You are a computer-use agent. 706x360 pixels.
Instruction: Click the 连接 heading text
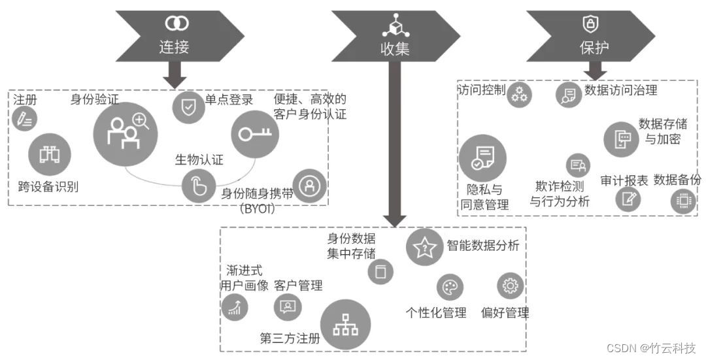pos(175,47)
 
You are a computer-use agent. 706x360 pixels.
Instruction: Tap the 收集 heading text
pos(395,48)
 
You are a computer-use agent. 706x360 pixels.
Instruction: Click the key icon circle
pos(252,135)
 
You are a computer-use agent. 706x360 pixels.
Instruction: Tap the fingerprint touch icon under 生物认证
pos(198,186)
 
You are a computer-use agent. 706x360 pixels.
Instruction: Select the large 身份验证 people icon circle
pos(126,133)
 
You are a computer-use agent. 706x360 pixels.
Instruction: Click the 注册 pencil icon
pos(25,120)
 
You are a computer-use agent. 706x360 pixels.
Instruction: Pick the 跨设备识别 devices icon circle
pos(50,154)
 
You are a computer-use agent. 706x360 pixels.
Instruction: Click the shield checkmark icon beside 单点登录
pos(188,106)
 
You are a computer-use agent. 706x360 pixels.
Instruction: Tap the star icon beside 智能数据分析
pos(425,247)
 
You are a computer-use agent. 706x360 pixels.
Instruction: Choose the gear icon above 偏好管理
pos(511,286)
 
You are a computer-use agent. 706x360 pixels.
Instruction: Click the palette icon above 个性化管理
pos(450,287)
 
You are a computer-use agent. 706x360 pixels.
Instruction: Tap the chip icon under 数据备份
pos(684,201)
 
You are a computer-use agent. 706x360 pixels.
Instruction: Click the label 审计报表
pos(624,181)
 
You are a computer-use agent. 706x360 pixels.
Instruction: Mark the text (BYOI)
pos(256,209)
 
